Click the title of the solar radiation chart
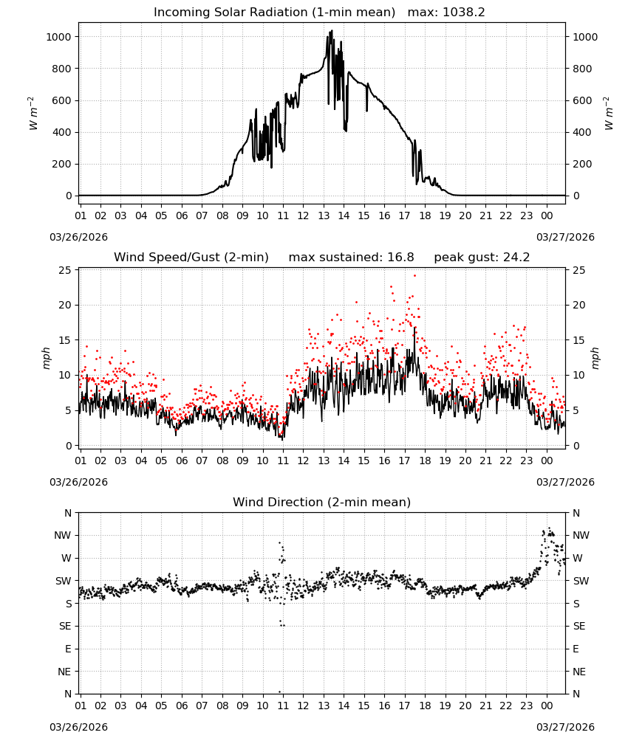pos(274,13)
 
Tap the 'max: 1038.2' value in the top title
pos(446,13)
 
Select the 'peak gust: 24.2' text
pos(482,258)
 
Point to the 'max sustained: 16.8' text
pos(351,258)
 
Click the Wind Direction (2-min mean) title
pos(322,502)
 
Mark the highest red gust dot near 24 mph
pos(414,276)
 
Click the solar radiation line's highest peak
pos(332,31)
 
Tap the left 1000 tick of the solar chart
pos(58,37)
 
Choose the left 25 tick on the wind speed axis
pos(65,270)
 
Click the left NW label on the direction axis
pos(63,535)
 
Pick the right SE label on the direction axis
pos(579,626)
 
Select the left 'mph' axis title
pos(46,358)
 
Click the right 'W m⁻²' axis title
pos(608,114)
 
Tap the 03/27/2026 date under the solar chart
pos(565,237)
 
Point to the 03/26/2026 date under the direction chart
pos(78,727)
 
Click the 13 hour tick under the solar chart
pos(324,215)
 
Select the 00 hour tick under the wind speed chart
pos(547,461)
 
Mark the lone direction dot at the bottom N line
pos(279,692)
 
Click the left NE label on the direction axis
pos(64,672)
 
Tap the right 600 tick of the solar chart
pos(582,100)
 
